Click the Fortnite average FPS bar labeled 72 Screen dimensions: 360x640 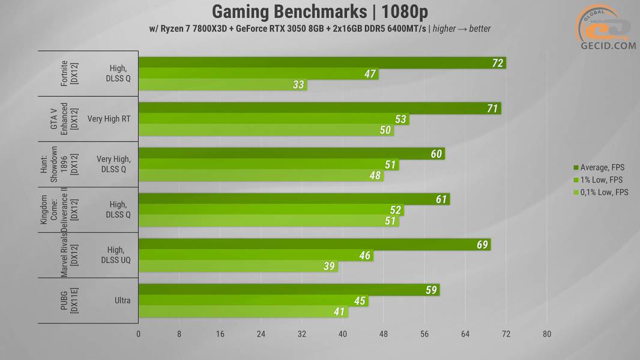click(322, 63)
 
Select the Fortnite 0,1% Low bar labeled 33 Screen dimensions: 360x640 click(222, 85)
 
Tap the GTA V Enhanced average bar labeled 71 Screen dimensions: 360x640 click(319, 108)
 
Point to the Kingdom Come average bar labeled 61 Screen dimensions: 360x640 click(294, 199)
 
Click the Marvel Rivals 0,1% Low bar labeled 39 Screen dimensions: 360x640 click(238, 266)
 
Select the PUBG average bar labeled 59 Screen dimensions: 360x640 click(289, 290)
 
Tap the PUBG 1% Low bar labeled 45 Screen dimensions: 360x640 click(253, 301)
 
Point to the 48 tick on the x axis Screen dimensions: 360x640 click(384, 334)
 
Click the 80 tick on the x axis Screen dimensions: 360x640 click(546, 334)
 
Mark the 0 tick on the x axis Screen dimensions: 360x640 click(139, 334)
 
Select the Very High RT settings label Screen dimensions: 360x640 click(109, 119)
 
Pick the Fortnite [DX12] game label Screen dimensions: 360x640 click(69, 73)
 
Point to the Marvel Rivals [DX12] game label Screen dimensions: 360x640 click(69, 254)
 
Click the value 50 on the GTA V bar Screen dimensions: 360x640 click(385, 130)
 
